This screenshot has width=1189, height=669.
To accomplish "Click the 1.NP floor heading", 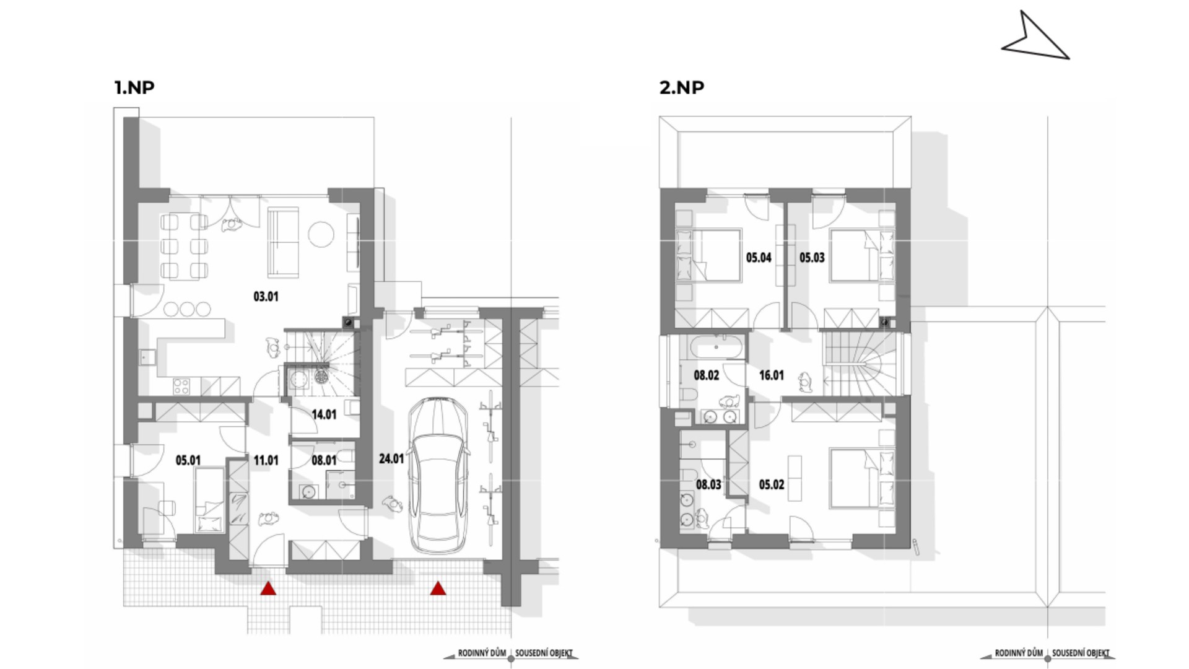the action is click(x=134, y=87).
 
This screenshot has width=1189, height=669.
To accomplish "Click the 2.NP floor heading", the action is click(x=682, y=87).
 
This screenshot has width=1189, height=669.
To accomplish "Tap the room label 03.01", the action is click(x=266, y=297).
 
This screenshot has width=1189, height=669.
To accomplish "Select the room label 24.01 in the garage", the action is click(x=391, y=459).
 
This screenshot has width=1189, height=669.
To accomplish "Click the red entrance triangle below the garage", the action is click(x=438, y=588).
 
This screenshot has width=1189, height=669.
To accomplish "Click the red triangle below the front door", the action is click(x=268, y=588).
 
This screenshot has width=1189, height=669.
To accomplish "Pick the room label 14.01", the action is click(x=324, y=414).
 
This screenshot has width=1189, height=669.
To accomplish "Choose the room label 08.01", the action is click(x=324, y=460).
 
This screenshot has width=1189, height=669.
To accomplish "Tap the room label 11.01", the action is click(x=266, y=460).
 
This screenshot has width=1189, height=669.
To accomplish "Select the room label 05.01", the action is click(x=188, y=460).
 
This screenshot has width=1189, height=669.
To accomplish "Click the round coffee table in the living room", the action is click(x=321, y=234).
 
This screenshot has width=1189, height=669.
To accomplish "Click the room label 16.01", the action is click(x=772, y=375).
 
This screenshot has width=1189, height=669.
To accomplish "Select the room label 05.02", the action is click(x=772, y=484).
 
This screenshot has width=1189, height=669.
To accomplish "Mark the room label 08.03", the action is click(x=708, y=484).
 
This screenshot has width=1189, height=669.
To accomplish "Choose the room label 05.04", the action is click(x=759, y=258).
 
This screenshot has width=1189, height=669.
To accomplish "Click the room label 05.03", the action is click(x=812, y=258).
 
